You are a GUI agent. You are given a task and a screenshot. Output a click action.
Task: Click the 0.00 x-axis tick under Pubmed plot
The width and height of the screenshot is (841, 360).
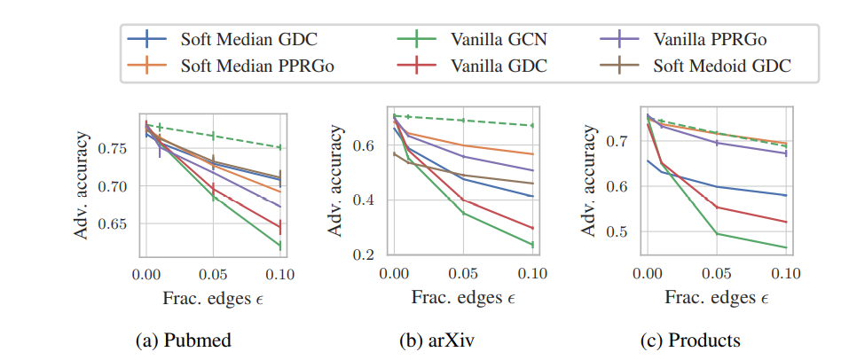(145, 275)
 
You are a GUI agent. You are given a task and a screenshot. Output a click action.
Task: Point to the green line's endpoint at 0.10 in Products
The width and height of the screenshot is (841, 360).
(785, 247)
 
